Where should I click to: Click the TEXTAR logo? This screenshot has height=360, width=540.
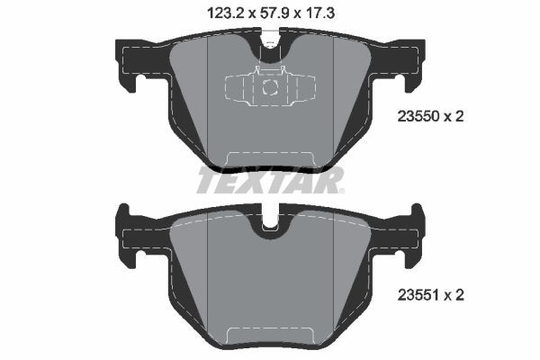pyautogui.click(x=269, y=180)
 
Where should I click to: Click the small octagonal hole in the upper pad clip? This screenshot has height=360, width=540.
pyautogui.click(x=269, y=87)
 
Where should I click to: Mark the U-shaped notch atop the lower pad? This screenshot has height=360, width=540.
pyautogui.click(x=269, y=226)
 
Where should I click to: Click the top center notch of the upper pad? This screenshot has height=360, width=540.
pyautogui.click(x=269, y=40)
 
